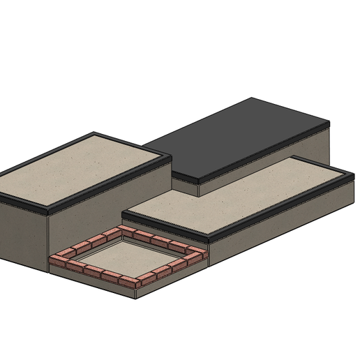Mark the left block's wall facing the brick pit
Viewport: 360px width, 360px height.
(x=105, y=209)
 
